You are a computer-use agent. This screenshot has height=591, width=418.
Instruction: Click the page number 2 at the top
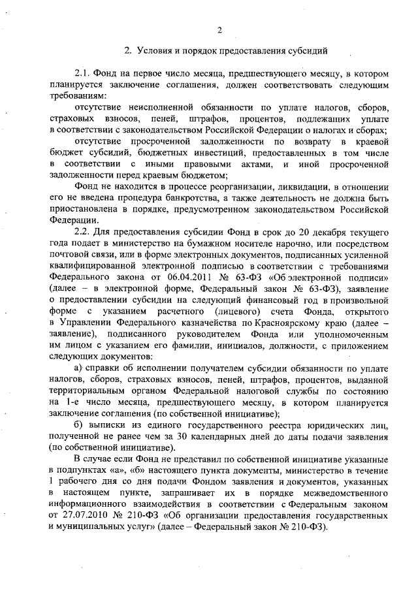coord(220,29)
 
